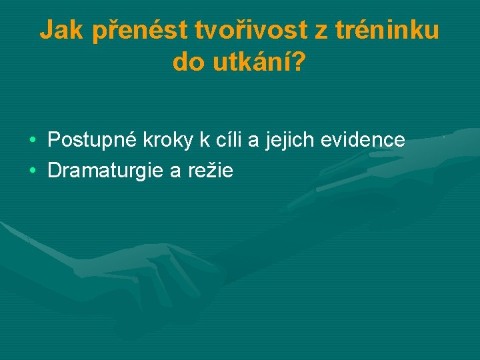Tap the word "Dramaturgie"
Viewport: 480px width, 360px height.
pyautogui.click(x=106, y=171)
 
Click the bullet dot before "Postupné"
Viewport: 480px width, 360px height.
pyautogui.click(x=33, y=141)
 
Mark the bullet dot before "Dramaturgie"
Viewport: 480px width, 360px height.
pyautogui.click(x=33, y=172)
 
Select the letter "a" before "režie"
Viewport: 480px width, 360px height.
pyautogui.click(x=176, y=172)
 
